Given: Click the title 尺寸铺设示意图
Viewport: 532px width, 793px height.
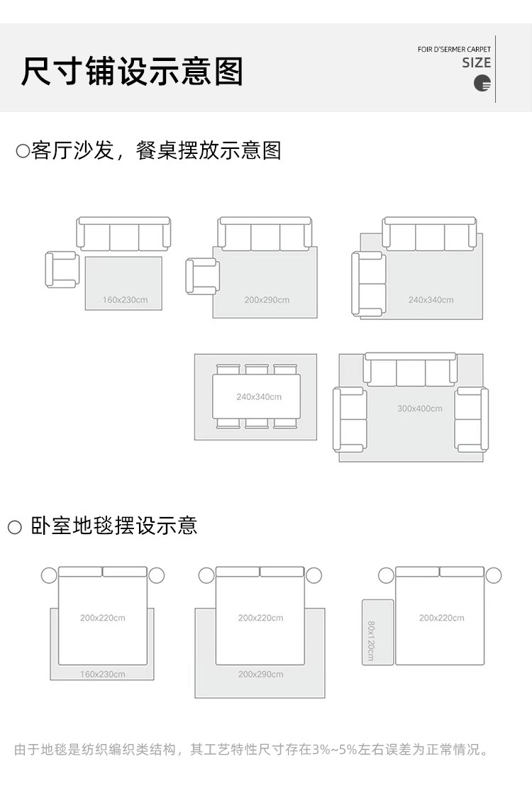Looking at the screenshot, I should tap(133, 72).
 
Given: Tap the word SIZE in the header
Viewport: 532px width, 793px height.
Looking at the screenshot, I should tap(477, 62).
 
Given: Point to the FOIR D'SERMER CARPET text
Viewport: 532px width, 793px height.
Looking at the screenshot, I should tap(454, 50).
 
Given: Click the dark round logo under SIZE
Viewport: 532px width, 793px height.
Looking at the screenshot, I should tap(482, 82).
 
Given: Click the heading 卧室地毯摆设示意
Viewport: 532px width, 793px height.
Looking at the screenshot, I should tap(114, 526).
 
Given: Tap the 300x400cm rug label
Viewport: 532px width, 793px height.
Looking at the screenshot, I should tap(419, 409).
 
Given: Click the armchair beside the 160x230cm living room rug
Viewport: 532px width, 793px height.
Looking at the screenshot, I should tap(62, 270).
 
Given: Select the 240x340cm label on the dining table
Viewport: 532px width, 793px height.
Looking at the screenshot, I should tap(259, 396).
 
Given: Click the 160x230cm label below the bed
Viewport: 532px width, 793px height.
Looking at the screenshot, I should tap(102, 674).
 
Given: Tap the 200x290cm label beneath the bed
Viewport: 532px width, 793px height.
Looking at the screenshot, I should tap(260, 674).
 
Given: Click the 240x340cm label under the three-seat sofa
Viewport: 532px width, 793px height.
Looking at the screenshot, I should tap(431, 300).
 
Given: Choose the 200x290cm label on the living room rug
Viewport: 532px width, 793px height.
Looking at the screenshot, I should tap(267, 300).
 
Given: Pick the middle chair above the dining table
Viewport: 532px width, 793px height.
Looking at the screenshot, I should tap(257, 370).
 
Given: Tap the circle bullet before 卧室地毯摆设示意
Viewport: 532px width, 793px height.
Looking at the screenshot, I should tap(15, 527).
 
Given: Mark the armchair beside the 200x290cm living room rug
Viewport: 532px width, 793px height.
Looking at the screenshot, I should tap(202, 277).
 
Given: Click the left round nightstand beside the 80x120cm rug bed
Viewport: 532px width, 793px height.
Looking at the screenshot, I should tap(386, 575).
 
